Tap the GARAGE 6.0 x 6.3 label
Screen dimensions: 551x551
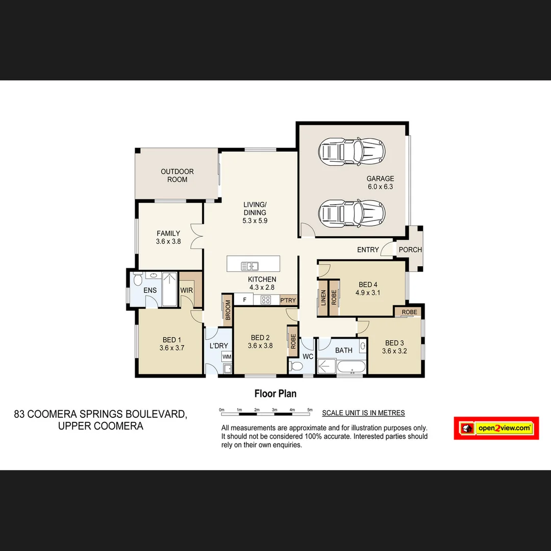click(x=380, y=183)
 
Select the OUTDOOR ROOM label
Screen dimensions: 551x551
click(x=177, y=176)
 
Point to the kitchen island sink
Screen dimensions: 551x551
click(x=250, y=265)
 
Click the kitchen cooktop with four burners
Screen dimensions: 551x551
click(x=266, y=300)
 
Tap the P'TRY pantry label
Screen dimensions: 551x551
click(x=288, y=300)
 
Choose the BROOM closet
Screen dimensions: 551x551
click(x=228, y=310)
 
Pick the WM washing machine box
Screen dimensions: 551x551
click(x=227, y=357)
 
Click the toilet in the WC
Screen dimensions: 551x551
click(x=295, y=365)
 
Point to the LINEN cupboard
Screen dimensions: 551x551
click(x=323, y=297)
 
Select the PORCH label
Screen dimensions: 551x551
click(x=410, y=250)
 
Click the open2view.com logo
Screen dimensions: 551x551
click(x=496, y=428)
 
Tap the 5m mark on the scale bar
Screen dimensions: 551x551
click(x=310, y=410)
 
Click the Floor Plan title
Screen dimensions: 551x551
click(x=275, y=393)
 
